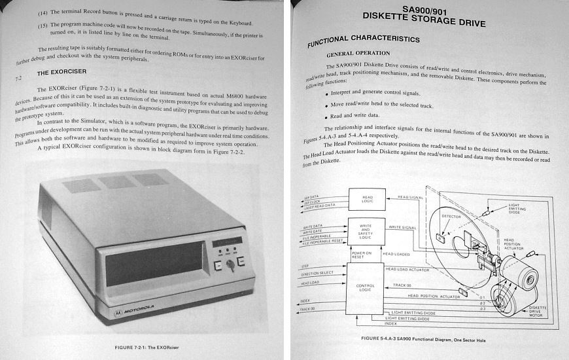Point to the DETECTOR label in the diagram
pos(451,216)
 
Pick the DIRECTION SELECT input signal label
pos(317,273)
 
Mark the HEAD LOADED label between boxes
pos(396,254)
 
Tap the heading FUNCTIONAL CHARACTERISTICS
pos(364,40)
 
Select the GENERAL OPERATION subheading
pos(358,53)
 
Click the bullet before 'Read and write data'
pos(326,116)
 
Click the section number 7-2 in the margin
pos(18,78)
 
